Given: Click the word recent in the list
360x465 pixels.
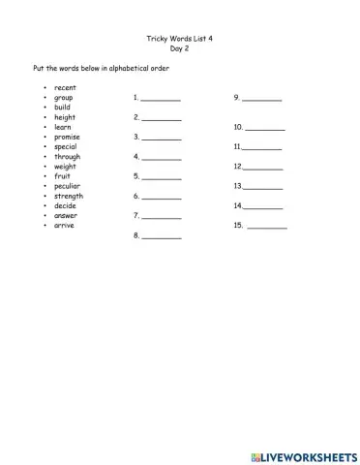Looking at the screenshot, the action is tap(66, 88).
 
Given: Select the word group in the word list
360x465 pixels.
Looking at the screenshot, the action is tap(64, 98).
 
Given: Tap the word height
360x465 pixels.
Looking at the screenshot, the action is tap(65, 117).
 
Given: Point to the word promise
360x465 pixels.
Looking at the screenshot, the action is tap(68, 137).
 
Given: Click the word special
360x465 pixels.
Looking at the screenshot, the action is tap(66, 146).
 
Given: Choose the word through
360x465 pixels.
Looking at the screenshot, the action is tap(68, 156).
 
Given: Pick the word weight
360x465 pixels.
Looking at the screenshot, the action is tap(66, 167).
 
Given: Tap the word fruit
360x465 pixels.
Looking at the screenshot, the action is tap(62, 176).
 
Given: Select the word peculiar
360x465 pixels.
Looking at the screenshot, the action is tap(68, 186).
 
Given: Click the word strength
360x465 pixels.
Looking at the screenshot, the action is tap(69, 196).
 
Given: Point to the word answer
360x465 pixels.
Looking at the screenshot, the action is tap(66, 215).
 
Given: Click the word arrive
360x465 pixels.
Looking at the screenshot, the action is tap(64, 225).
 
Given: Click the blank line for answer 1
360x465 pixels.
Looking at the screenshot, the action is tap(161, 100).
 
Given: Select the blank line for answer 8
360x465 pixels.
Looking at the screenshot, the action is tap(162, 236).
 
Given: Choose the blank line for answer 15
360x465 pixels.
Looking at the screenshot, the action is tap(267, 227).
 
